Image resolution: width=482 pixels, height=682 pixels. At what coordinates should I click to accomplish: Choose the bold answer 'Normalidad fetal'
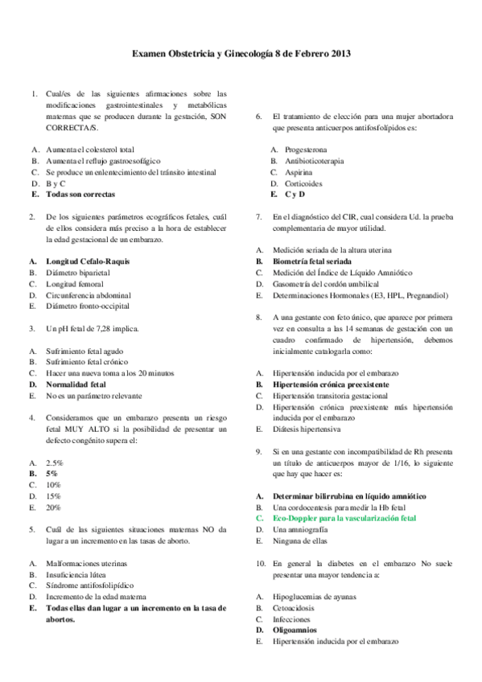(x=76, y=384)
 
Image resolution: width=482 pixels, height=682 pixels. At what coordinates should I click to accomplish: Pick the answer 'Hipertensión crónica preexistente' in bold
(x=331, y=384)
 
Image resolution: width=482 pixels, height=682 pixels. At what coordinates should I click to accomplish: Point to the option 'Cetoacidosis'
(x=297, y=608)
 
